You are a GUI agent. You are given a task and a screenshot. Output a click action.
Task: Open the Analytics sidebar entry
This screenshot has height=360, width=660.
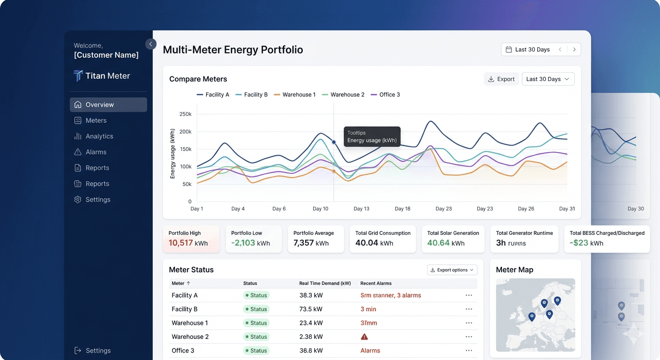tap(99, 136)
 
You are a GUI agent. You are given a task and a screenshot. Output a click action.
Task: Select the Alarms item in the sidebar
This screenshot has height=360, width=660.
tap(96, 152)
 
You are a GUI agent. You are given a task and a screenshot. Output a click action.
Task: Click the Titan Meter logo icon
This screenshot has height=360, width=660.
tap(78, 76)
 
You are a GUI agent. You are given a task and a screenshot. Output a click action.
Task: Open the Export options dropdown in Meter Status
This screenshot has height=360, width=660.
tap(452, 270)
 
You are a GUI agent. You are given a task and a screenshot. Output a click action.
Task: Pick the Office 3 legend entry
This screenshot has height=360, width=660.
tap(385, 95)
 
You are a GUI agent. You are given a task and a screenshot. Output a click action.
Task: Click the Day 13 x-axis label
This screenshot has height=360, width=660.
tap(361, 209)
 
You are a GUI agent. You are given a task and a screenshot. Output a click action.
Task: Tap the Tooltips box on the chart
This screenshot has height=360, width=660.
tap(372, 136)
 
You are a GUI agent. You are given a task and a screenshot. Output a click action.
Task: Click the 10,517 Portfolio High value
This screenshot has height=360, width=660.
tap(180, 243)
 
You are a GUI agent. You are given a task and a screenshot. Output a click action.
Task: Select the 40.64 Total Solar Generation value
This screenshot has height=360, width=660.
tap(438, 243)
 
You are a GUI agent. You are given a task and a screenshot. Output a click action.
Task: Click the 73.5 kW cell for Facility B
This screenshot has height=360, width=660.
tap(311, 309)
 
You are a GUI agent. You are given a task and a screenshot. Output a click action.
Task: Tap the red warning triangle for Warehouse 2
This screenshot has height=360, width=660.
tap(364, 337)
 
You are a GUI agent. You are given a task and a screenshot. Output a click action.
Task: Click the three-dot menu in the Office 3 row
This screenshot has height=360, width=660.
tap(469, 351)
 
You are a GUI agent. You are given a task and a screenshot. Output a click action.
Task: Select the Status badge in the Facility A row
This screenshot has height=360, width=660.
tap(256, 295)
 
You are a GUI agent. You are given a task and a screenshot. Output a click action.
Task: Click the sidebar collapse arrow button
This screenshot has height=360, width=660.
tap(150, 44)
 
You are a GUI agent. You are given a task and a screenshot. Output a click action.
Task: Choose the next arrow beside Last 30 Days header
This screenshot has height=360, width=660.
tap(574, 50)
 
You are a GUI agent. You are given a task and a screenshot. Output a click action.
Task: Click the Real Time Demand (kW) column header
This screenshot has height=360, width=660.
tap(325, 283)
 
